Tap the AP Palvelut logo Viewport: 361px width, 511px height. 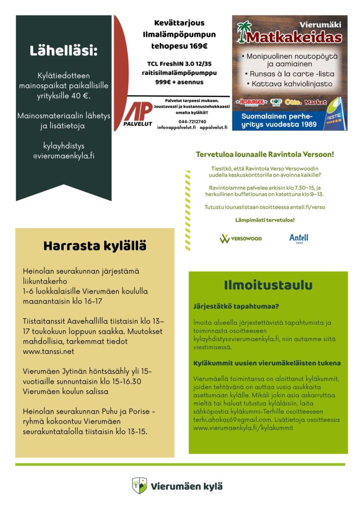click(x=138, y=114)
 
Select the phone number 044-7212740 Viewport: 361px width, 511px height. click(x=178, y=121)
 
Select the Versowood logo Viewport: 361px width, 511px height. click(x=241, y=239)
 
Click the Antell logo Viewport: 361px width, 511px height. click(x=299, y=238)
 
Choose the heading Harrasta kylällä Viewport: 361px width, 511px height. click(x=95, y=246)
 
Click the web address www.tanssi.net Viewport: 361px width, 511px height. click(x=48, y=351)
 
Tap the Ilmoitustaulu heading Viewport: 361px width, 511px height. click(x=268, y=285)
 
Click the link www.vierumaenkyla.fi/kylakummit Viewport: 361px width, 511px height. click(x=243, y=428)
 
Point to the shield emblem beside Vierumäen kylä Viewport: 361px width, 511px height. click(x=139, y=486)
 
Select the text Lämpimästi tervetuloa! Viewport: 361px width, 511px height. click(x=265, y=220)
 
